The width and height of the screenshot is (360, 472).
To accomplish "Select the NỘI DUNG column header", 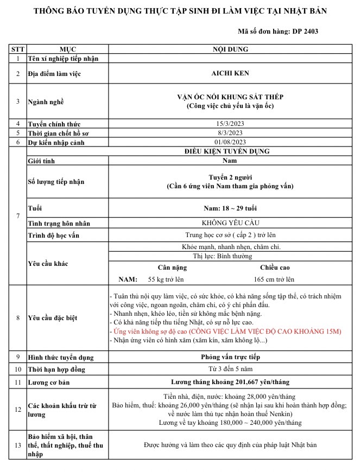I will pyautogui.click(x=230, y=49).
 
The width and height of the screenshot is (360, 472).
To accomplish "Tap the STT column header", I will pyautogui.click(x=18, y=49).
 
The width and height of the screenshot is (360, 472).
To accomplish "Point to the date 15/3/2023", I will pyautogui.click(x=230, y=124).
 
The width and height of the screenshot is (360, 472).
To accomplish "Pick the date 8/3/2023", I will pyautogui.click(x=230, y=133).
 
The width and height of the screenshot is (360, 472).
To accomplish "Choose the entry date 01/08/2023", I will pyautogui.click(x=230, y=142).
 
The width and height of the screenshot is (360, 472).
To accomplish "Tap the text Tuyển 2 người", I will pyautogui.click(x=230, y=177).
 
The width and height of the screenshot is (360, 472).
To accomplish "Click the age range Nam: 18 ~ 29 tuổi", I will pyautogui.click(x=230, y=208).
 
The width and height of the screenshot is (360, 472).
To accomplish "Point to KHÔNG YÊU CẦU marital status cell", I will pyautogui.click(x=230, y=223).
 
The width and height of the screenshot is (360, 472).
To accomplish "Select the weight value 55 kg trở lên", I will pyautogui.click(x=166, y=279).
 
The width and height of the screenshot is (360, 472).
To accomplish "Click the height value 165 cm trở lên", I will pyautogui.click(x=274, y=279).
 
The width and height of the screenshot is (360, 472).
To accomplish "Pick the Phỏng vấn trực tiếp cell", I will pyautogui.click(x=230, y=357).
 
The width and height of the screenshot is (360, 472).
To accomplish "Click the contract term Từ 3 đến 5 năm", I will pyautogui.click(x=230, y=369).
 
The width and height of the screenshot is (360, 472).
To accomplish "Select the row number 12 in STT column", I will pyautogui.click(x=18, y=410).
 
